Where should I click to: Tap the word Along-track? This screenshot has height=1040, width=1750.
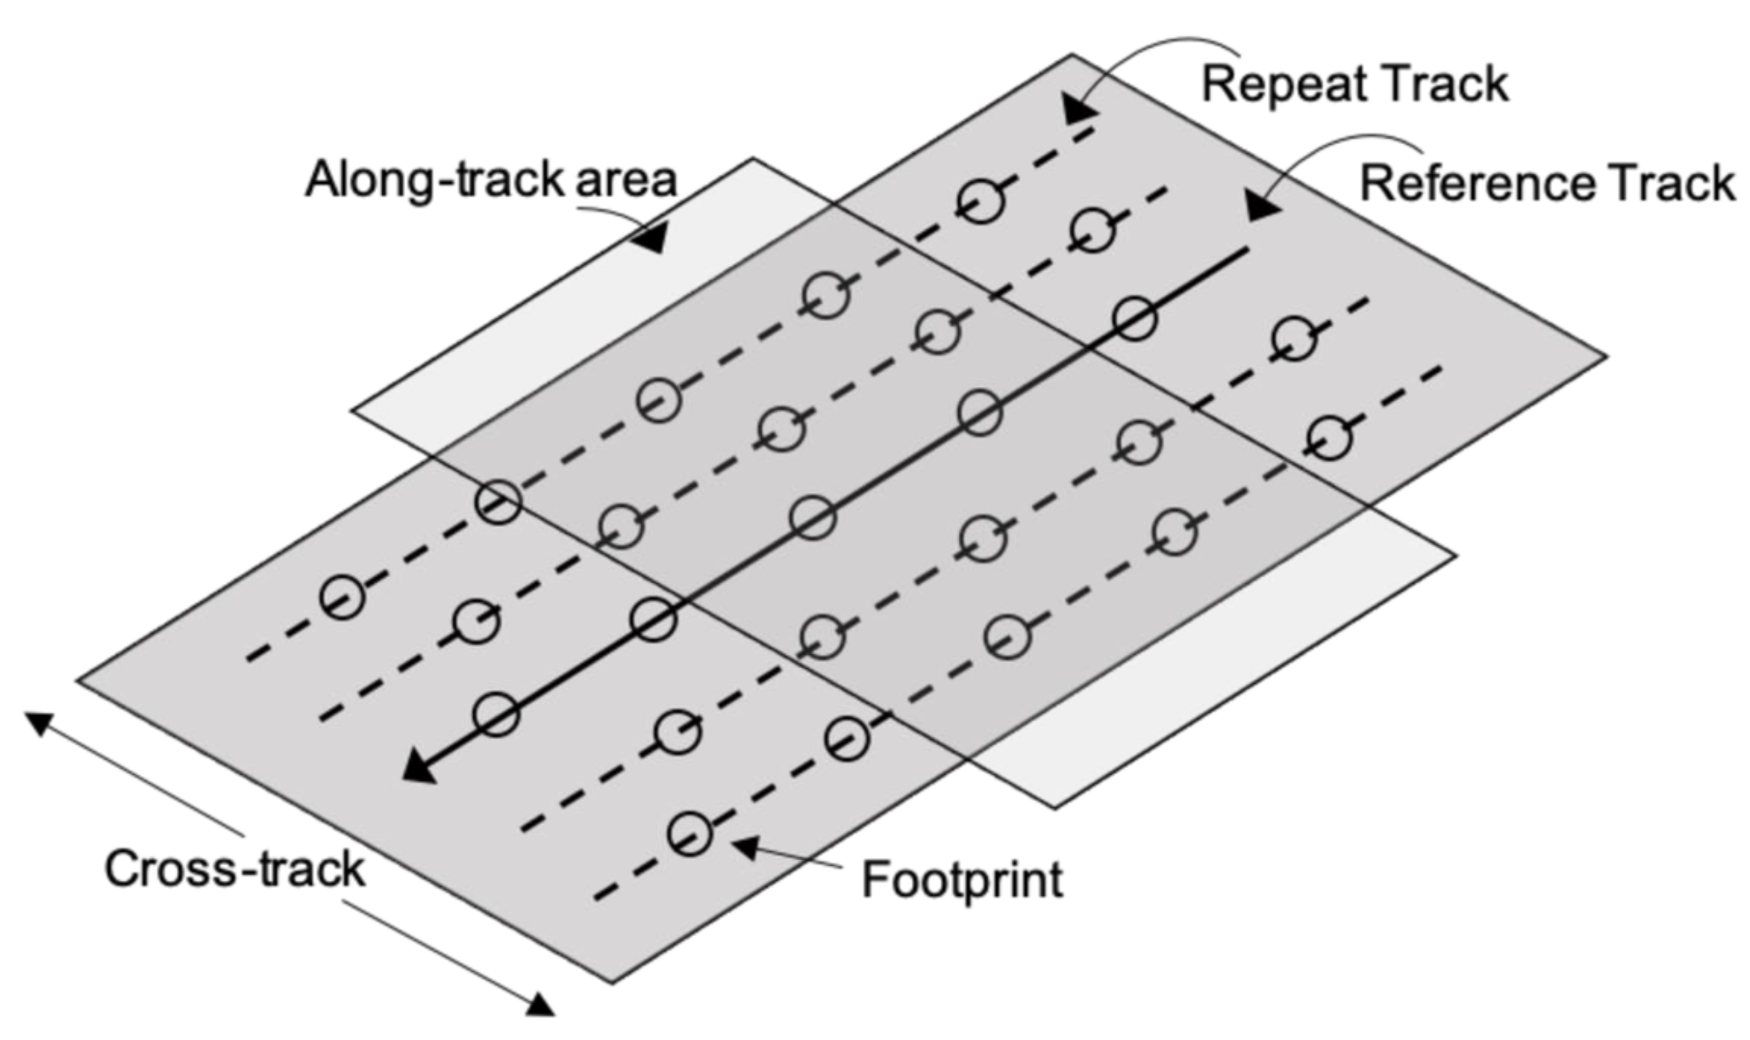434,180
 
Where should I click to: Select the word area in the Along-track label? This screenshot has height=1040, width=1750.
626,180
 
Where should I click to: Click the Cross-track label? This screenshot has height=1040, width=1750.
235,869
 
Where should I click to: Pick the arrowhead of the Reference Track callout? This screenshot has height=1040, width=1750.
1261,207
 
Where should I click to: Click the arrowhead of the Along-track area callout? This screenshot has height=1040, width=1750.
648,237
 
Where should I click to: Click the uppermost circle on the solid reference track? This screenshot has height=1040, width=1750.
1134,319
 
